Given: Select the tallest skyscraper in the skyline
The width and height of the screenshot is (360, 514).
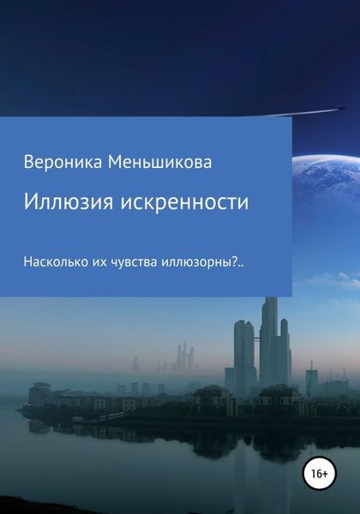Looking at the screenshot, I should (270, 343).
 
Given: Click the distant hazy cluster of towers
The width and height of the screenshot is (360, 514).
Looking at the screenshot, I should (184, 358).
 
